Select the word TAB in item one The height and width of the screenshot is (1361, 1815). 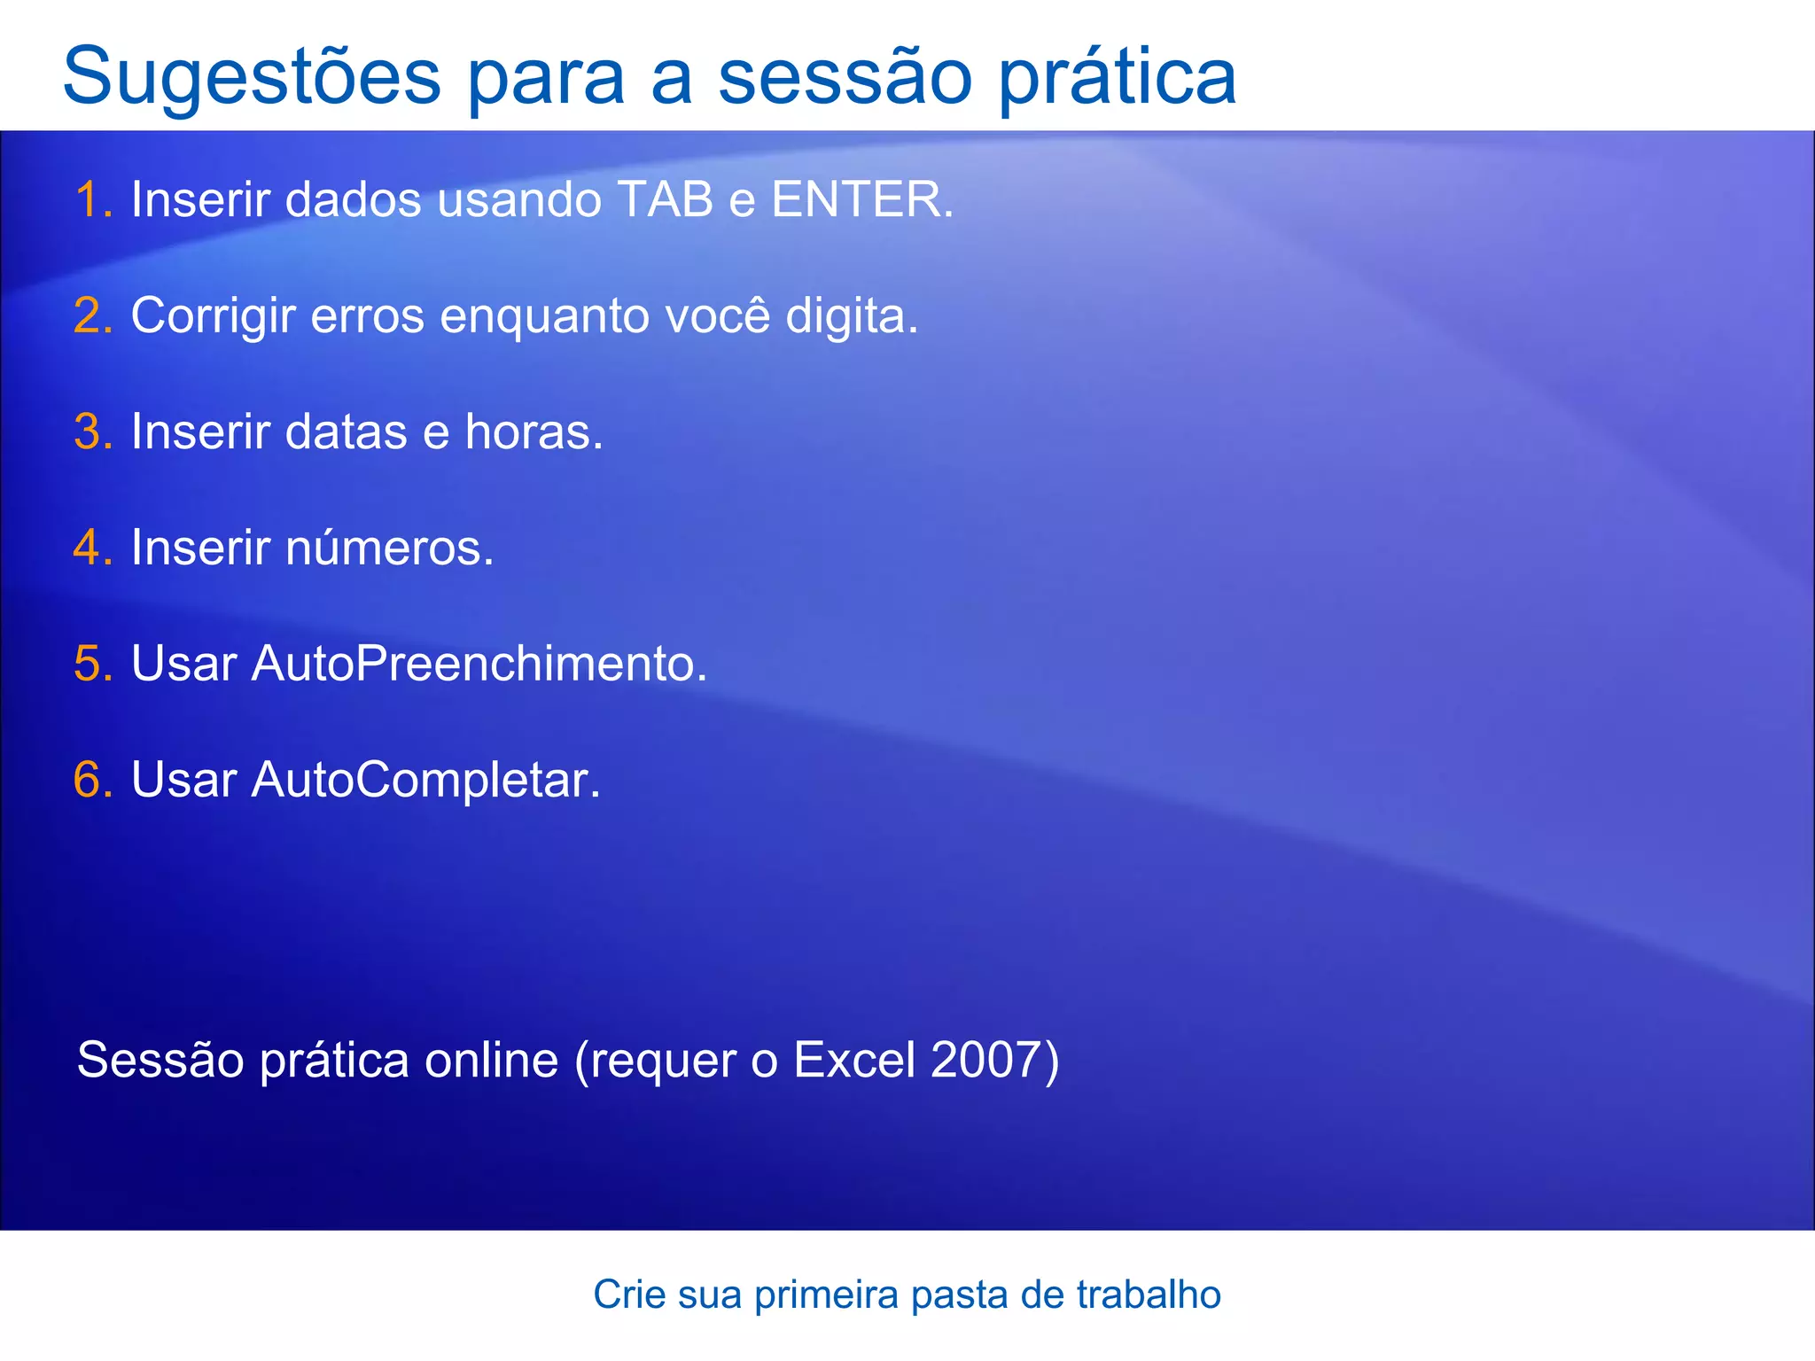pyautogui.click(x=665, y=199)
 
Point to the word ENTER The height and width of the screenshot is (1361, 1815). pyautogui.click(x=855, y=199)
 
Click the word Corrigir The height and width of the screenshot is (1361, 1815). pyautogui.click(x=213, y=315)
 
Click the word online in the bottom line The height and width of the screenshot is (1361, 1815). pyautogui.click(x=491, y=1060)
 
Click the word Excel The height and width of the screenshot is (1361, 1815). pyautogui.click(x=853, y=1060)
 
